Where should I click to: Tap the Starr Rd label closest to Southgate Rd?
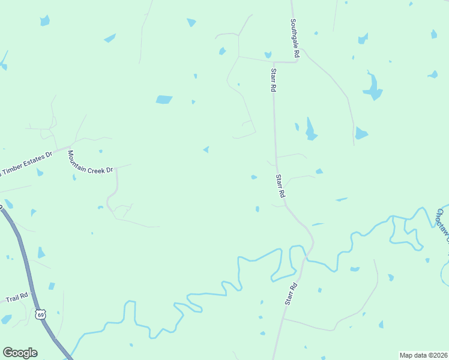(273, 80)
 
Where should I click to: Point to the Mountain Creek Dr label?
(90, 162)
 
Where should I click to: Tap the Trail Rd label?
(16, 297)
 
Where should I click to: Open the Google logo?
(20, 353)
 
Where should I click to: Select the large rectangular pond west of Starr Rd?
(164, 100)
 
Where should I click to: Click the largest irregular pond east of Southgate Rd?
(372, 88)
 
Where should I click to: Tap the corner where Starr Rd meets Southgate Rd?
(274, 62)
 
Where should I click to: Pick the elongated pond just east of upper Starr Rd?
(310, 129)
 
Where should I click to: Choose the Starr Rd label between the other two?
(280, 186)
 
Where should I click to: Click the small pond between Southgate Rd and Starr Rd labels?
(268, 55)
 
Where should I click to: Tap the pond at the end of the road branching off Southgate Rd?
(361, 133)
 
